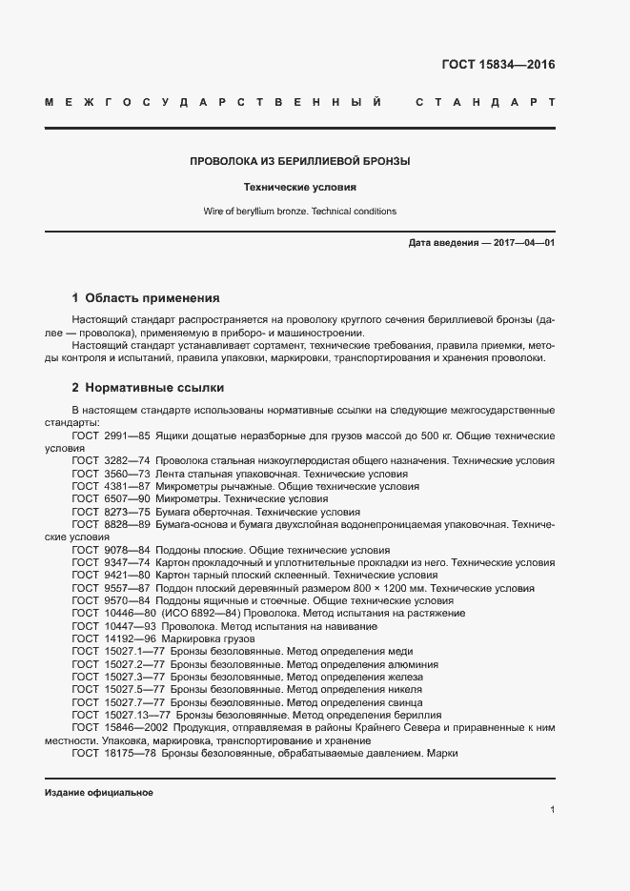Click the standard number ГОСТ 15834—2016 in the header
pos(498,66)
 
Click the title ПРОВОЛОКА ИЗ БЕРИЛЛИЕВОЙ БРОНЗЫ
pos(300,161)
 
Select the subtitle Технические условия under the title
pos(300,188)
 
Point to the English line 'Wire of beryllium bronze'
pos(300,212)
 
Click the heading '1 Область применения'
pos(146,297)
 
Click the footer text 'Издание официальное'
pos(99,793)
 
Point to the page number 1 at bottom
pos(553,810)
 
